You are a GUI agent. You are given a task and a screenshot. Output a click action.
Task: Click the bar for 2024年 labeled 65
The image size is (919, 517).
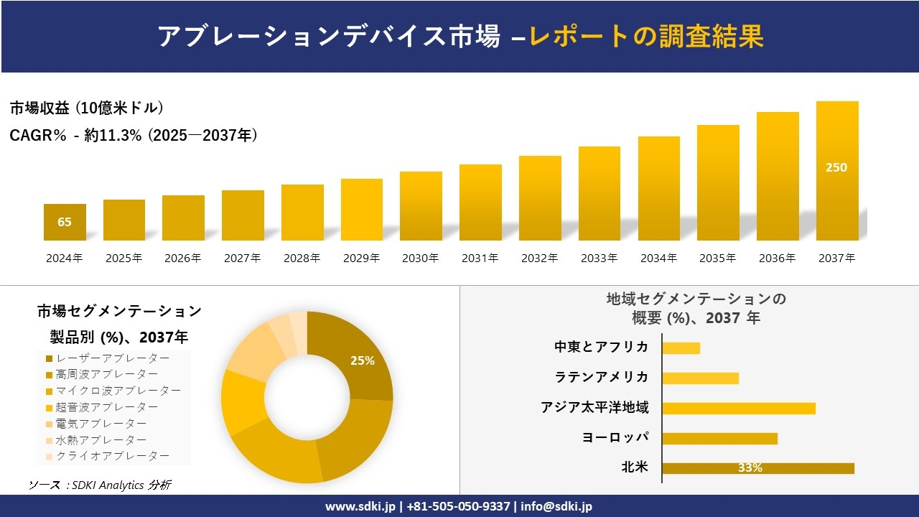(65, 222)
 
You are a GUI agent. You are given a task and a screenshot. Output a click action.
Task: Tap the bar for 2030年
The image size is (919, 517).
(421, 206)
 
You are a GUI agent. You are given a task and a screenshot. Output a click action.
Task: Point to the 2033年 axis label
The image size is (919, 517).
(599, 258)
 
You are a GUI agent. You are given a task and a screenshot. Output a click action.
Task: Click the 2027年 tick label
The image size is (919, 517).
(242, 258)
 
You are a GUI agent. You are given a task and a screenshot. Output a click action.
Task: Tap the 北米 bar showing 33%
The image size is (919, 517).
(757, 468)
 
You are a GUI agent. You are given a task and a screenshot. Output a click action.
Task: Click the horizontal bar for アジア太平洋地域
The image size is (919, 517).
(738, 408)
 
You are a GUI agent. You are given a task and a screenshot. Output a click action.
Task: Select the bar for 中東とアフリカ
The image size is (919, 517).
(681, 348)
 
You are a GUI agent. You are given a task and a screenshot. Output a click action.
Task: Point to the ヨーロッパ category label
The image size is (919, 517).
(615, 437)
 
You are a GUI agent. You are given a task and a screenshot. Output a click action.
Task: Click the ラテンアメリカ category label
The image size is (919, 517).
(601, 377)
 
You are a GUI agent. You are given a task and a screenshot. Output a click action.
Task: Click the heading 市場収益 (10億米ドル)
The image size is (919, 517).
(86, 108)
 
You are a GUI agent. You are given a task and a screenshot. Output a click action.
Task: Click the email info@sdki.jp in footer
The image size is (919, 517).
(556, 506)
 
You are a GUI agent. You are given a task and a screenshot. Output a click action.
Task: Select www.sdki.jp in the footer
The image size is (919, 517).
(359, 506)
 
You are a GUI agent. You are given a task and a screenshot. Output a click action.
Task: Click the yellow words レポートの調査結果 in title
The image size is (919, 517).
(646, 37)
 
